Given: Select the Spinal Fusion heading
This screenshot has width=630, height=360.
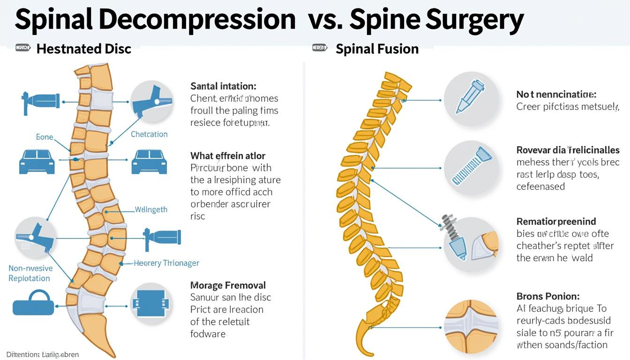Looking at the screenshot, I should (x=377, y=49).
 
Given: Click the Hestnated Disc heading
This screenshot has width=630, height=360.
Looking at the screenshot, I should (x=83, y=49).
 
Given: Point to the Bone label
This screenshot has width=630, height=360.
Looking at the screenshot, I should (x=45, y=137).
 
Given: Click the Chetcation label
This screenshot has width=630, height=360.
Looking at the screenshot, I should (x=149, y=135).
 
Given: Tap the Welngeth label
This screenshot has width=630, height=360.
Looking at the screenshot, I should (x=151, y=210).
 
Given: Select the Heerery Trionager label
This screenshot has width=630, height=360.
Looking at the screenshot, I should (x=166, y=263).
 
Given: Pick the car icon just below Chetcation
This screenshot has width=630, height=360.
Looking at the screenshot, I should (x=150, y=162).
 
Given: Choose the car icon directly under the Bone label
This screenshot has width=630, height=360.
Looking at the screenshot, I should (x=37, y=162).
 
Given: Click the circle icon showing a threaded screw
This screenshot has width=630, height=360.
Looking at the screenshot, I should (x=471, y=167).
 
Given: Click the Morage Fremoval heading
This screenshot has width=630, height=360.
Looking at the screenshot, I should (x=228, y=285).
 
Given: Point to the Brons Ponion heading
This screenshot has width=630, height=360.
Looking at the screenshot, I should (x=547, y=296).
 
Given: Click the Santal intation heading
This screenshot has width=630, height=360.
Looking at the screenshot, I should (x=223, y=86).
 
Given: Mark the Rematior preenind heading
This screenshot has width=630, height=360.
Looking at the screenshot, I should (x=556, y=221).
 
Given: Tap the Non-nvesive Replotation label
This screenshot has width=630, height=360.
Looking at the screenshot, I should (x=30, y=273).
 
